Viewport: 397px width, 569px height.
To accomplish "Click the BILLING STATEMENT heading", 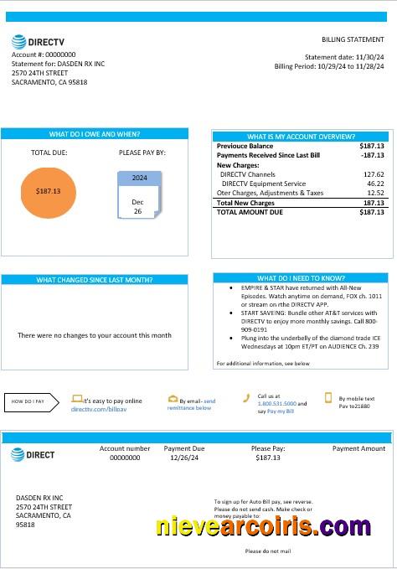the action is click(x=353, y=40).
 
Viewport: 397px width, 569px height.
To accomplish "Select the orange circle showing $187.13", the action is click(x=49, y=191).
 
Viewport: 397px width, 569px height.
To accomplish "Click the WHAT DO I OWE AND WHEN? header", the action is click(x=95, y=134).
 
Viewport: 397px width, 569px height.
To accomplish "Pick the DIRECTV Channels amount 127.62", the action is click(x=373, y=174).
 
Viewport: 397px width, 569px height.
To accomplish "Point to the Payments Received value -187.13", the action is click(x=372, y=155).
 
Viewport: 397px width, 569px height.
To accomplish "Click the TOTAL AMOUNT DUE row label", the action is click(x=250, y=213).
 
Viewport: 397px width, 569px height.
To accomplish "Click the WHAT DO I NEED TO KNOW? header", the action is click(x=300, y=278).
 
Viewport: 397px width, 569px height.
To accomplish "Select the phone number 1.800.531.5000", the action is click(x=276, y=404).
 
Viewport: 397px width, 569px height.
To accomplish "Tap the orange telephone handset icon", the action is click(x=246, y=398).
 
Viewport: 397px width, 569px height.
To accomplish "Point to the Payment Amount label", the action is click(x=358, y=449).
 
